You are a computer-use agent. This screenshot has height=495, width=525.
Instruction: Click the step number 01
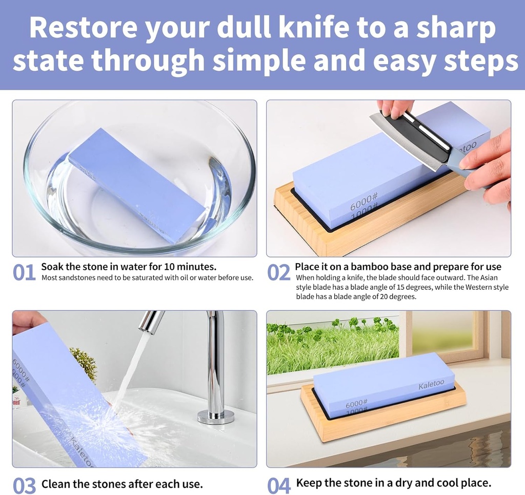point(24,273)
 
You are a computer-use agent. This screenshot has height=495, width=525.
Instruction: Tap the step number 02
point(278,273)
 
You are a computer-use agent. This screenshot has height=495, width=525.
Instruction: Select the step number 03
point(24,485)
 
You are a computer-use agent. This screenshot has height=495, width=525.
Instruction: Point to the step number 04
point(278,485)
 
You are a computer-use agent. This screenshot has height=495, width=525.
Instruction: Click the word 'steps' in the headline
point(477,62)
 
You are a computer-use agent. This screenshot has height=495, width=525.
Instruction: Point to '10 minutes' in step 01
point(190,267)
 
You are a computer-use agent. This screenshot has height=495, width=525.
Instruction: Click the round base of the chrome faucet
point(216,416)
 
